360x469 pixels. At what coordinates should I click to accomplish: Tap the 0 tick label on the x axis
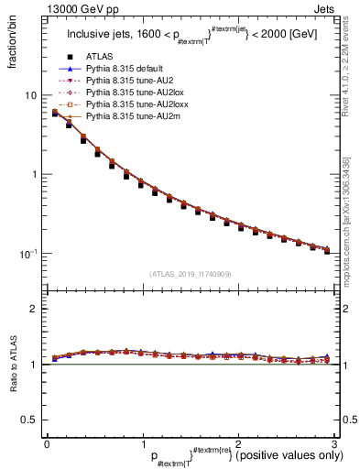47,443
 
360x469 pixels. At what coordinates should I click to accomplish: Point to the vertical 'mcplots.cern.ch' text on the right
352,211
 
